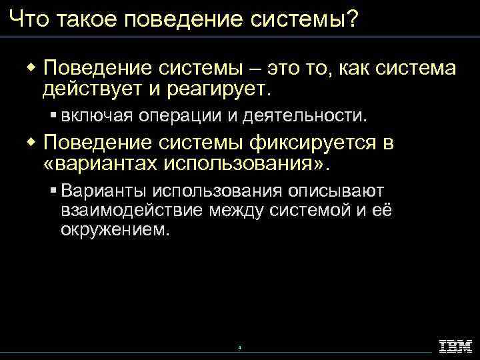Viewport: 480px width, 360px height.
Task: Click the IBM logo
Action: (455, 345)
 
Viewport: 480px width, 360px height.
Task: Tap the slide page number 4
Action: (239, 347)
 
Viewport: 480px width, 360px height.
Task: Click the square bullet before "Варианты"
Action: (53, 191)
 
